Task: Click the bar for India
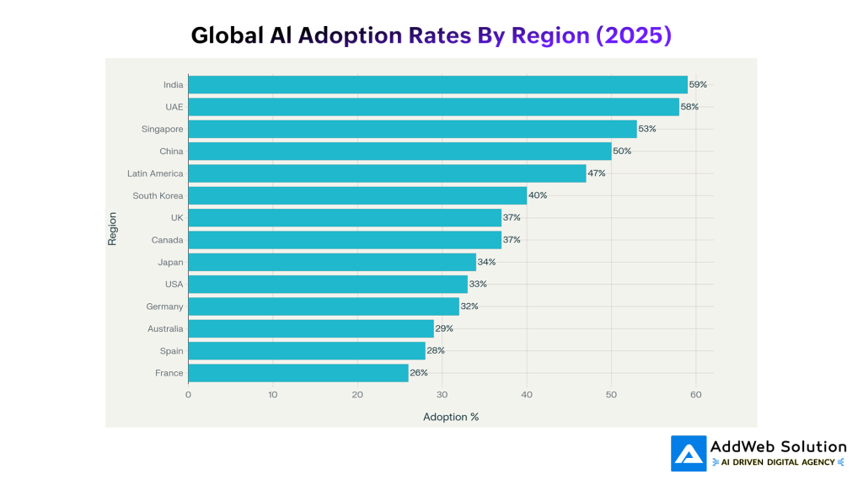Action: tap(437, 85)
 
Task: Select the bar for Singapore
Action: tap(412, 129)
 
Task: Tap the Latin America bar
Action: tap(387, 173)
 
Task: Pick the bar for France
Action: tap(298, 372)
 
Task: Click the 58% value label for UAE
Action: tap(689, 107)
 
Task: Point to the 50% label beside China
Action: tap(622, 151)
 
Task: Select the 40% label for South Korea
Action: tap(538, 195)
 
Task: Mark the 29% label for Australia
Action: tap(444, 328)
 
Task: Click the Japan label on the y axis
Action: tap(170, 262)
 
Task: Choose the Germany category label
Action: tap(164, 306)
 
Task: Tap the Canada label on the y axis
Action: tap(168, 240)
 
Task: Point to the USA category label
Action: tap(174, 284)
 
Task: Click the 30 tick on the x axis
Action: tap(442, 394)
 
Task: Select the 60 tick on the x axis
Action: tap(696, 394)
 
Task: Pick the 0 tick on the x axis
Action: tap(188, 394)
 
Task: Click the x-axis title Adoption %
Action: tap(451, 417)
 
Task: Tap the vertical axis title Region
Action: tap(112, 228)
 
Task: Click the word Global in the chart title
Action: tap(222, 35)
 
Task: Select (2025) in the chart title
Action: tap(633, 35)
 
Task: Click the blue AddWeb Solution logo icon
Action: tap(689, 453)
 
